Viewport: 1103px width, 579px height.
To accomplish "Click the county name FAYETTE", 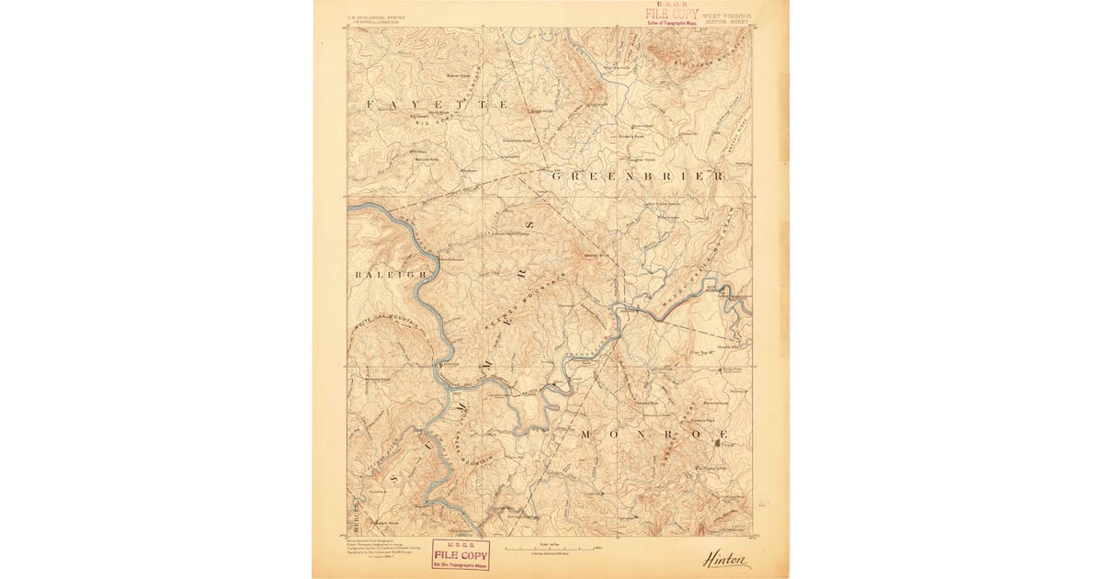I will pos(437,106).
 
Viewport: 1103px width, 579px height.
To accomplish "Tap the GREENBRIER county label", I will pos(637,174).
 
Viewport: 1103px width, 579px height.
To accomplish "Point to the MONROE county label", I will pos(654,433).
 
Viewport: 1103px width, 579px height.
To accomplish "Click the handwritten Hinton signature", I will pos(726,559).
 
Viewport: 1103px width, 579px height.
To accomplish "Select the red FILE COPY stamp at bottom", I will pos(461,554).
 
